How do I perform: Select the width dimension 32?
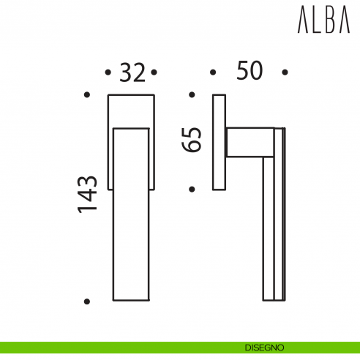tap(132, 72)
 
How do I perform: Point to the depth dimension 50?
tap(249, 72)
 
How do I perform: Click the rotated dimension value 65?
tap(192, 140)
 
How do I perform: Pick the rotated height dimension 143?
tap(88, 194)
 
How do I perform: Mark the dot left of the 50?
tap(212, 72)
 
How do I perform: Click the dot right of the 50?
tap(285, 72)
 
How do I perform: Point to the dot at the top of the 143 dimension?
tap(87, 94)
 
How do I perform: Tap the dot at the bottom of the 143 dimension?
tap(87, 301)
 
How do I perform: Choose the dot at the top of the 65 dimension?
tap(192, 94)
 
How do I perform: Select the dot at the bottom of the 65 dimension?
tap(192, 189)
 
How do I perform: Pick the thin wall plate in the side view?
tap(220, 142)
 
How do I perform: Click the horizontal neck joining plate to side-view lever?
tap(245, 142)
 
